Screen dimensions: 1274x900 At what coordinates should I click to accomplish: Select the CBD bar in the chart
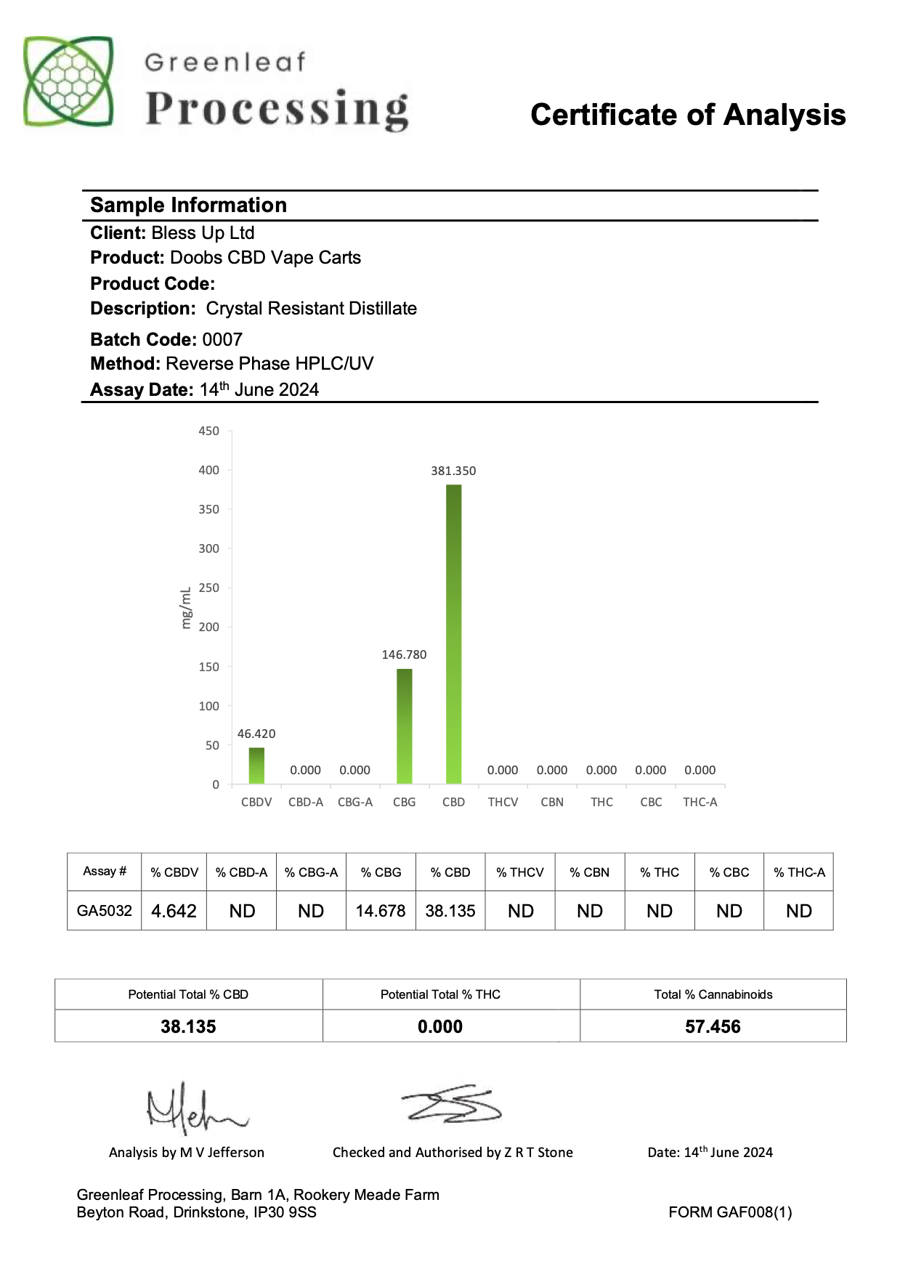coord(453,633)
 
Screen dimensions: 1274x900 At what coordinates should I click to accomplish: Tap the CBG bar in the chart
coord(404,726)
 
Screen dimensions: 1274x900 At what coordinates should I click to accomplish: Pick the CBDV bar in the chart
coord(256,766)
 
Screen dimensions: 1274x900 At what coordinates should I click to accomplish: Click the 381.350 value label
coord(453,471)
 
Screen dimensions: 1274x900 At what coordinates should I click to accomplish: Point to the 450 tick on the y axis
coord(208,431)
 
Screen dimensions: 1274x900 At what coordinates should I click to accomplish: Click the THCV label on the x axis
coord(503,802)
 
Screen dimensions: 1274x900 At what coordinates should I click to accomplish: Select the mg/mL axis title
coord(186,608)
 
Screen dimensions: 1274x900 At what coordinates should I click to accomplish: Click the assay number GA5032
coord(105,911)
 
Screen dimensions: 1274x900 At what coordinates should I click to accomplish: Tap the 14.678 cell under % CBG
coord(381,911)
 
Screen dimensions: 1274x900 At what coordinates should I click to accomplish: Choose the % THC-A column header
coord(799,872)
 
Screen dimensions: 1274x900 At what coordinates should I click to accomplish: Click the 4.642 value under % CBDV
coord(174,911)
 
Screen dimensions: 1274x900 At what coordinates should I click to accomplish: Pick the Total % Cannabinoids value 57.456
coord(713,1026)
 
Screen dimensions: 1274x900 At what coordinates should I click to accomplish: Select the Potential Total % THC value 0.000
coord(440,1026)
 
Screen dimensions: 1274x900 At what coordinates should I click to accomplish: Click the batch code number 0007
coord(222,339)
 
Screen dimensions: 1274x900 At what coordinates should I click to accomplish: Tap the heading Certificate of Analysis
coord(688,115)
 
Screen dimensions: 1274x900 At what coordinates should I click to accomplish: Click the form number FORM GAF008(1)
coord(730,1212)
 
